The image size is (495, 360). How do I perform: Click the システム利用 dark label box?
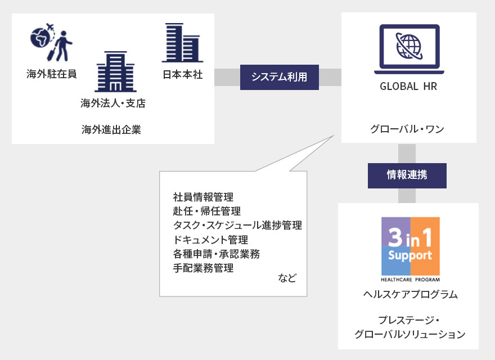coord(280,78)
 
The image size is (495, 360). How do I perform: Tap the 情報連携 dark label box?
coord(407,175)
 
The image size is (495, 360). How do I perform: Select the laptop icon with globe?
coord(409,49)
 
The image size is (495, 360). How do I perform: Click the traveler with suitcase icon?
coord(62,46)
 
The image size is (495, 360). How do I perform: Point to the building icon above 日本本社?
coord(182,43)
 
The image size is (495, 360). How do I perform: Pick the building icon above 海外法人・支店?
coord(115,71)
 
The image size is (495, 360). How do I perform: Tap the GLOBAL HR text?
coord(408,86)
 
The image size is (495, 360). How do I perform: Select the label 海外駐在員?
coord(51,74)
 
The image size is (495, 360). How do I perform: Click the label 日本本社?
coord(182,74)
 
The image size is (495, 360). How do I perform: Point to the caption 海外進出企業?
coord(111,129)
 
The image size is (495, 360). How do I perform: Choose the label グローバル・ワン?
coord(407,129)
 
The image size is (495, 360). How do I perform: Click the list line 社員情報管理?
coord(203,197)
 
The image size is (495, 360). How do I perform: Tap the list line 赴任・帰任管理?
coord(207,211)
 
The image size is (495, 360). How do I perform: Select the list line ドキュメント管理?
coord(210,240)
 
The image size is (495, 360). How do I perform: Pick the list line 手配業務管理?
coord(203,268)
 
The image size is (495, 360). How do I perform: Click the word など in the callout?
coord(287,278)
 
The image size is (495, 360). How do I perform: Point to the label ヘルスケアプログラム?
coord(411,294)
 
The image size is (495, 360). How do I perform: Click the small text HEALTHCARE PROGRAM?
coord(411,280)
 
